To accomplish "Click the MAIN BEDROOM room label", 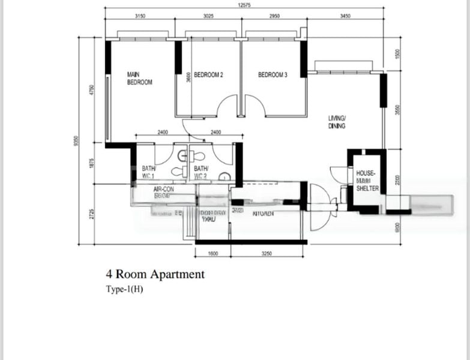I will [x=139, y=79].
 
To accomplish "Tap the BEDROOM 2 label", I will [x=208, y=75].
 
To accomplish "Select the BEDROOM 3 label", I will [x=273, y=75].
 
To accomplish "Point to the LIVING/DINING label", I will [x=337, y=122].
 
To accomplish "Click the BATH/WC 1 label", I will [x=148, y=173].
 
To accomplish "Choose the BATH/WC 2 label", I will [x=200, y=173].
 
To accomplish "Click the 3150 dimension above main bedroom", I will [x=140, y=16].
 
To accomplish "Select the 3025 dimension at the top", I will [x=208, y=16].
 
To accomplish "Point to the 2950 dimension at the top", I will [x=274, y=16].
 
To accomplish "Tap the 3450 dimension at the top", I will [x=345, y=16].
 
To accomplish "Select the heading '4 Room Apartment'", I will [x=155, y=275].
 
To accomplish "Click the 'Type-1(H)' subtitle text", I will [x=124, y=289].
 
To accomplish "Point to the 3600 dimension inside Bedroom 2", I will [x=188, y=77].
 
